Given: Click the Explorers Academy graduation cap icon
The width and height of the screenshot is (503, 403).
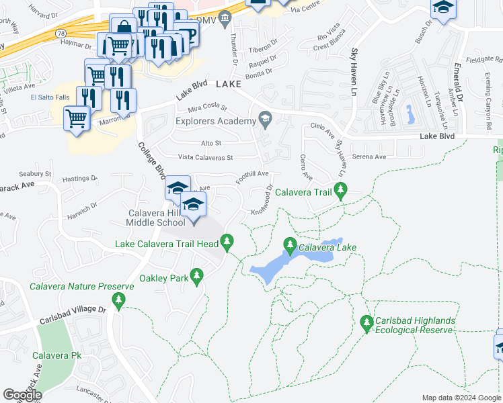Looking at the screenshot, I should coord(266,120).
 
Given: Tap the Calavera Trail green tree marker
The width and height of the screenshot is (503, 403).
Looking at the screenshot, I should coord(340,193).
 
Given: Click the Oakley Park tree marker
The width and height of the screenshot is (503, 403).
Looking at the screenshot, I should coord(197,275).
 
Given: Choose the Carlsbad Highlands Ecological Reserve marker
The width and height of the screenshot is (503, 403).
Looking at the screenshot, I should coord(366,324).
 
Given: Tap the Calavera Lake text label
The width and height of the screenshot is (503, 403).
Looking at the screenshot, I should coord(327,248).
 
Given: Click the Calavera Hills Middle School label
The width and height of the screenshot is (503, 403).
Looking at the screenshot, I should coord(157,218).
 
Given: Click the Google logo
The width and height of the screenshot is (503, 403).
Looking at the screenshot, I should coord(22,395).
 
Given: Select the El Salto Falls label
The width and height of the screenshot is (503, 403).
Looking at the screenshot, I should coord(50,98).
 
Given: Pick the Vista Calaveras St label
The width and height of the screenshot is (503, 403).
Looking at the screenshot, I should coord(204,158).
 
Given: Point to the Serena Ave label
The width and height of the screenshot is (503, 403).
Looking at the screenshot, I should coord(370,156).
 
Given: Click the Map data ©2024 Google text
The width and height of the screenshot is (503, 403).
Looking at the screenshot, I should coord(461,398).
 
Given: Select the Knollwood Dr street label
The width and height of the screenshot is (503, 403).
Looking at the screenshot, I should coord(262,199).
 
